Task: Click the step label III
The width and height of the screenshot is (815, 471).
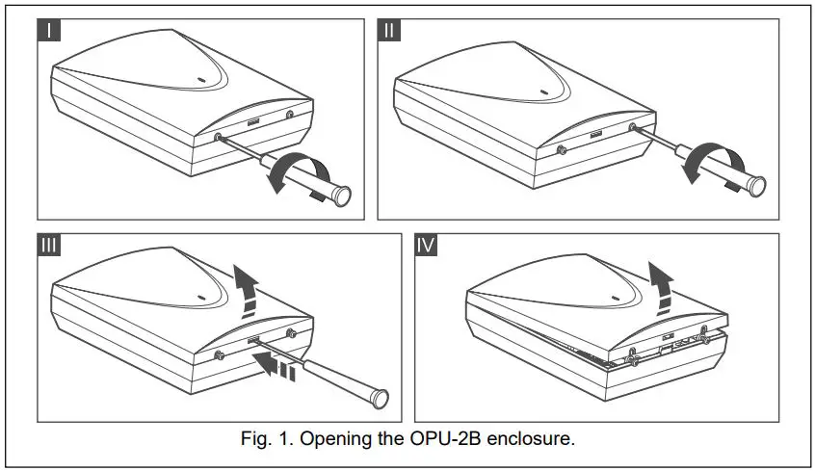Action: [x=50, y=246]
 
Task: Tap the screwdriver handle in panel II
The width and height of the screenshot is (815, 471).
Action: [x=742, y=178]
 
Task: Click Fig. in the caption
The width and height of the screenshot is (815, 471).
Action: [x=256, y=439]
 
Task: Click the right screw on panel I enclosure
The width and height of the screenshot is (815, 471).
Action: [x=290, y=115]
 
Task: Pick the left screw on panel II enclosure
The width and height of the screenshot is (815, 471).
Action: [x=562, y=150]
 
